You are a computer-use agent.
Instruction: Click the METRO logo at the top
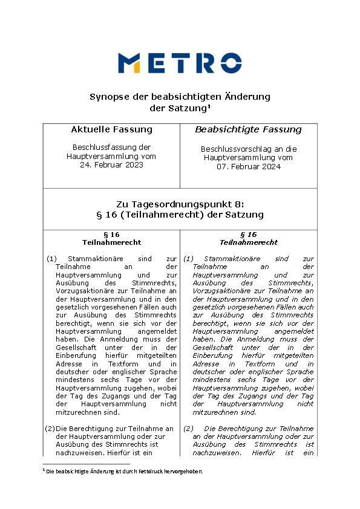pos(180,63)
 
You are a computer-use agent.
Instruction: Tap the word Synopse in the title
pos(108,97)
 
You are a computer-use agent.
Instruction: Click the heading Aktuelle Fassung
pos(111,129)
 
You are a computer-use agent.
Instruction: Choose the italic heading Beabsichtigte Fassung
pos(248,129)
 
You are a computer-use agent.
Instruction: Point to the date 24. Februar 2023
pos(111,164)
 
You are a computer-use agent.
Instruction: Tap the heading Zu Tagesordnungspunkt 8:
pos(180,204)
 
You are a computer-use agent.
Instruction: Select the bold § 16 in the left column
pos(111,235)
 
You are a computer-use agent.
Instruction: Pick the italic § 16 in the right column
pos(249,235)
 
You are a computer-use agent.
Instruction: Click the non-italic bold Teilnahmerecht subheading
pos(111,242)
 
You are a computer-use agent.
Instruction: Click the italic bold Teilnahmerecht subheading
pos(249,242)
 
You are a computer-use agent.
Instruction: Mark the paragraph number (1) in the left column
pos(51,258)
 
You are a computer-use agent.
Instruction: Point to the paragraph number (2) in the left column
pos(51,429)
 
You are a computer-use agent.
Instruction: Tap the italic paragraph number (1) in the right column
pos(188,258)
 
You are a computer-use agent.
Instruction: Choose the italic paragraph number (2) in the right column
pos(188,429)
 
